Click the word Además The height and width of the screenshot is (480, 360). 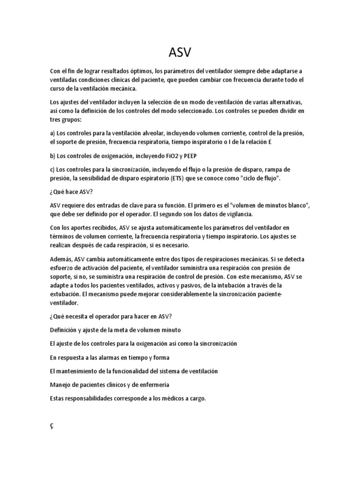[61, 259]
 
